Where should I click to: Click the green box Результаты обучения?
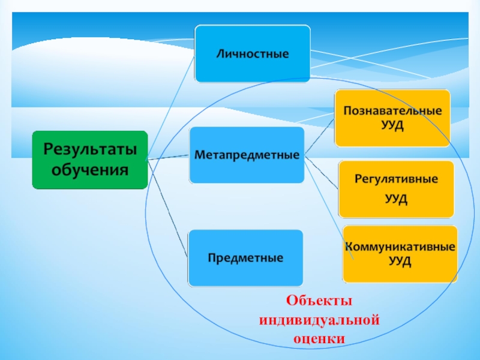pos(89,160)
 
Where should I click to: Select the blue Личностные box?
pos(253,53)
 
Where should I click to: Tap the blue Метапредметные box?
pos(247,155)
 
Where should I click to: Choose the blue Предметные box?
pos(245,258)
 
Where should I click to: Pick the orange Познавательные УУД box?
pos(392,118)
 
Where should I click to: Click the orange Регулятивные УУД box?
pos(396,189)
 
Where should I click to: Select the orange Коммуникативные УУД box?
pos(400,254)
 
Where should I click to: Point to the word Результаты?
pos(89,148)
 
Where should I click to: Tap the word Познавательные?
pos(392,112)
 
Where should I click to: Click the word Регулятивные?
pos(396,179)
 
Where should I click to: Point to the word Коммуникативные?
pos(400,247)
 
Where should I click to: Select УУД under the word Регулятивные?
pos(396,199)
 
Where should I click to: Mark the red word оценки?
pos(319,338)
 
